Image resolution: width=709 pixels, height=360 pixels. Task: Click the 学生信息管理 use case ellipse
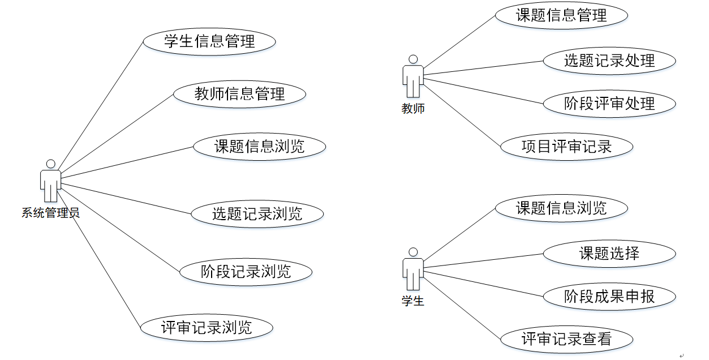point(209,41)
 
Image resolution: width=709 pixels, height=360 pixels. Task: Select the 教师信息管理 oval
point(239,94)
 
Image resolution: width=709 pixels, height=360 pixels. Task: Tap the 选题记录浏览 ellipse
point(257,213)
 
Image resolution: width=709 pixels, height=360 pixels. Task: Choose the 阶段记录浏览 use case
point(246,271)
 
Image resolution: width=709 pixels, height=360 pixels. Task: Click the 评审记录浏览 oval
point(207,327)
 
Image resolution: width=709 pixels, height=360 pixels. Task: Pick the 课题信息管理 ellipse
point(561,15)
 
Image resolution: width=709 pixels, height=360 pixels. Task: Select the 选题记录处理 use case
point(609,61)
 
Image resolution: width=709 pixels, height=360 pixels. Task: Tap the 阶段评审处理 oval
point(609,104)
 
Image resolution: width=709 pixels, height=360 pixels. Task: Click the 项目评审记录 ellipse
point(566,147)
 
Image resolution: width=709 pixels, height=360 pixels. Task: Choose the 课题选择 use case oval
point(609,253)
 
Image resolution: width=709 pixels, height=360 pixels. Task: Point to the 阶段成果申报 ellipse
point(609,296)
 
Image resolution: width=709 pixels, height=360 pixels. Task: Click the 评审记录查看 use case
point(566,339)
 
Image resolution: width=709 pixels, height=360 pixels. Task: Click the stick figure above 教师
point(413,76)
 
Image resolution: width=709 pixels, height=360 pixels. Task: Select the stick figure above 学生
point(413,269)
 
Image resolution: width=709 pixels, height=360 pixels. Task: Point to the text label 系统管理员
point(50,213)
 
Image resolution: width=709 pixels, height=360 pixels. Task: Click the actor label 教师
point(413,109)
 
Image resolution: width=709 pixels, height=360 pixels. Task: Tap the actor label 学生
point(413,301)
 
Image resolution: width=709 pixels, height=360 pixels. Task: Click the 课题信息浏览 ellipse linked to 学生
point(561,208)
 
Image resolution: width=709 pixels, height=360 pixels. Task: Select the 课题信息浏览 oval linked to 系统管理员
point(259,147)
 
